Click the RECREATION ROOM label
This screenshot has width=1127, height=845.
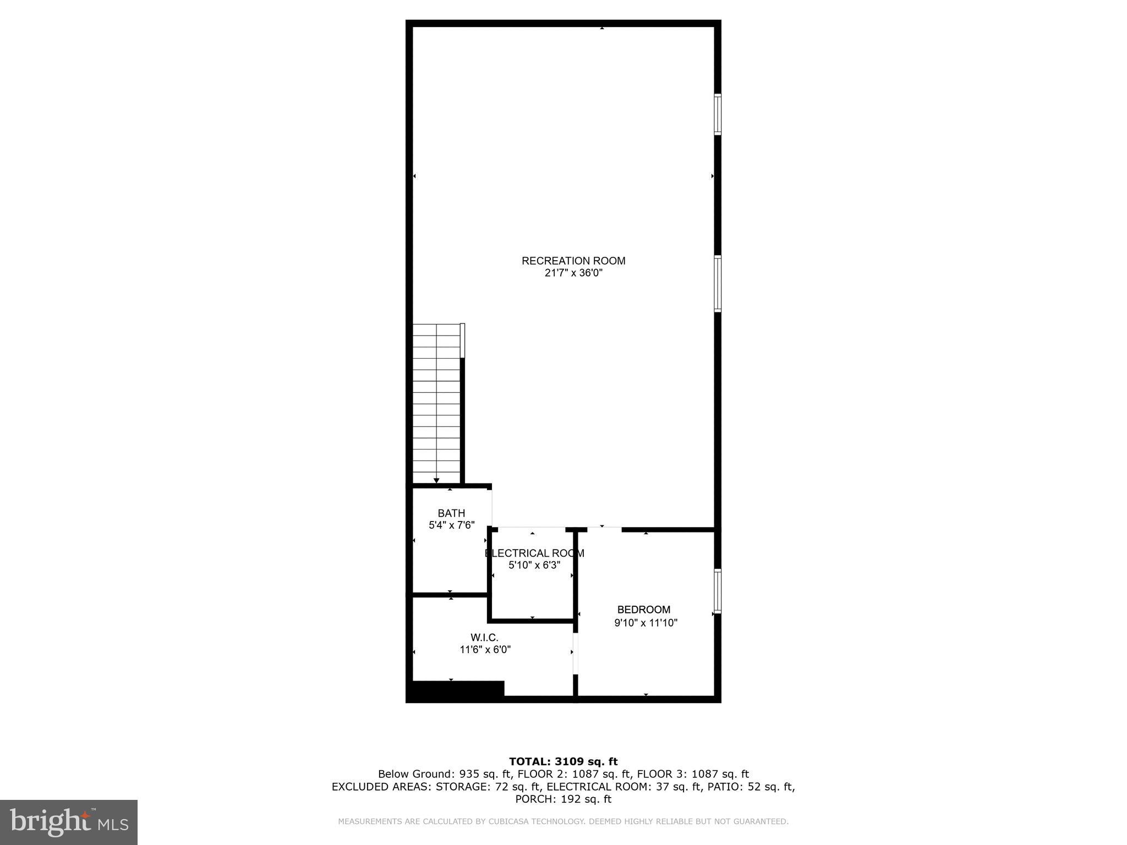(573, 261)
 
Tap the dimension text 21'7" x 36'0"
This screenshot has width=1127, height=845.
(573, 273)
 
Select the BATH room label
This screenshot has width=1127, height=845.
(451, 513)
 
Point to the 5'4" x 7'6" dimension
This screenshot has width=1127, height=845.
(451, 525)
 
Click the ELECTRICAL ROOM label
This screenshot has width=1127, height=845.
(534, 553)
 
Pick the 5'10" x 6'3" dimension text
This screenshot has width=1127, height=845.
(534, 565)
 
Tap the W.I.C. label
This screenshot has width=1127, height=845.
(484, 638)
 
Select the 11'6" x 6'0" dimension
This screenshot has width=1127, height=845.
(485, 650)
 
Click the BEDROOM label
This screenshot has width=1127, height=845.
(643, 610)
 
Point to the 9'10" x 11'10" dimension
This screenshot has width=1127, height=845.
(645, 623)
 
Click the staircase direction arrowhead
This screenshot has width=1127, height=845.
(436, 481)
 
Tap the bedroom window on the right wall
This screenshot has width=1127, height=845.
(718, 591)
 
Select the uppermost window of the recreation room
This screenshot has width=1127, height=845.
(718, 114)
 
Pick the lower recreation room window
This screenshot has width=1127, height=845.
(718, 284)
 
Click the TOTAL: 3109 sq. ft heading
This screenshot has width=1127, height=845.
(563, 761)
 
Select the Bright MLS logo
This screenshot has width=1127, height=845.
(69, 822)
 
